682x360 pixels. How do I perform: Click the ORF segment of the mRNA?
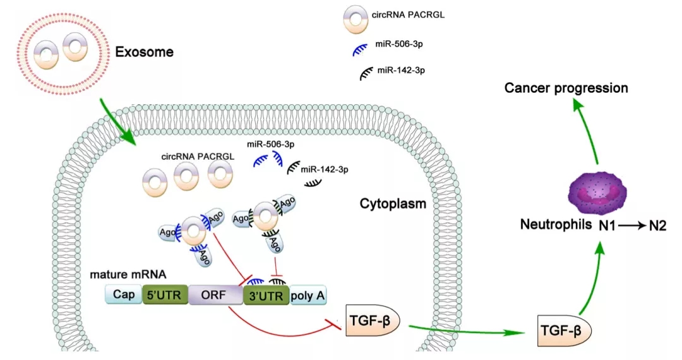click(215, 295)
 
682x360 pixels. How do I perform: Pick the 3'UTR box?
click(265, 295)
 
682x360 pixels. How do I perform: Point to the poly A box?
click(308, 295)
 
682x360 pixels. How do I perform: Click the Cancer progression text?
click(566, 88)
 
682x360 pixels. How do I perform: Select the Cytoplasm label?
click(393, 204)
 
